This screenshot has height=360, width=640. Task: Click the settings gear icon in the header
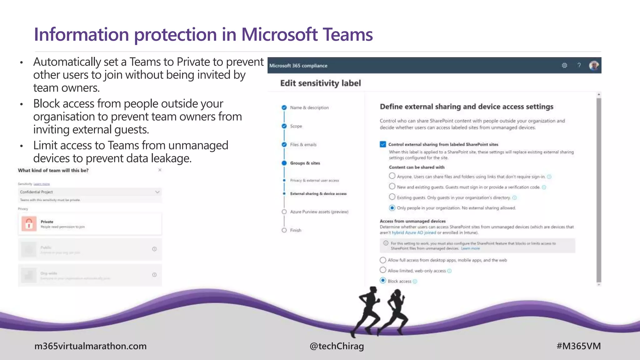point(564,65)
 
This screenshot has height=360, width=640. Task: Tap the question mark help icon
point(579,65)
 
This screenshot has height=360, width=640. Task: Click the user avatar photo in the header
point(594,66)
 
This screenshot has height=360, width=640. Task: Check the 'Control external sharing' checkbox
point(383,144)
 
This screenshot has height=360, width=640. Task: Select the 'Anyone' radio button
point(392,176)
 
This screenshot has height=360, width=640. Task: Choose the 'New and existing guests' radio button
point(392,187)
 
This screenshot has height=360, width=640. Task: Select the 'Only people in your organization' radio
point(392,208)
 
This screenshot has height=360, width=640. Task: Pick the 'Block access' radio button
point(383,281)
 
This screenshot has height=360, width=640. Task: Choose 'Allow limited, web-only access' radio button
point(383,270)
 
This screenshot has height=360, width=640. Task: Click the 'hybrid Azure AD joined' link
point(414,233)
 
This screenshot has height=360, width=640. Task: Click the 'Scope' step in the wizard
point(296,126)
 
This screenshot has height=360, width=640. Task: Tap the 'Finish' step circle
point(284,230)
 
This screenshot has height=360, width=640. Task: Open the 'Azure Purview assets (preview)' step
point(319,212)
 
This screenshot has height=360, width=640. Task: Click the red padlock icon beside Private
point(29,224)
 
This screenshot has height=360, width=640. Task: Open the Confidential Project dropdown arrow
point(157,192)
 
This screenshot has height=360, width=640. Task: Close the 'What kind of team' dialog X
point(160,170)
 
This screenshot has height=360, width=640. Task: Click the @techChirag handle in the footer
point(337,346)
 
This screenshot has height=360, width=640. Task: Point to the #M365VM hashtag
point(578,346)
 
